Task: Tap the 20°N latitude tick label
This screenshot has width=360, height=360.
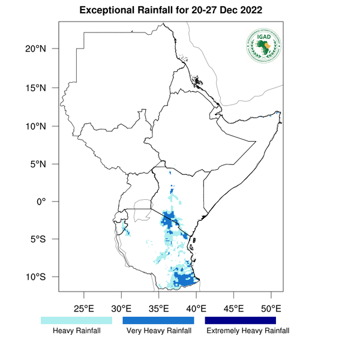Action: coord(42,49)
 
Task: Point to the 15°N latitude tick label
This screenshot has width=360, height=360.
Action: coord(42,88)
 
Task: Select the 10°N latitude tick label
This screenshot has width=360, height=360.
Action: coord(42,126)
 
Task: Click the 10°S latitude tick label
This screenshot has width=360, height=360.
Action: coord(42,277)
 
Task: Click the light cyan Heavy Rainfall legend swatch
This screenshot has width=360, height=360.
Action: coord(76,321)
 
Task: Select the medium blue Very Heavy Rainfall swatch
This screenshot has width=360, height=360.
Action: coord(158,321)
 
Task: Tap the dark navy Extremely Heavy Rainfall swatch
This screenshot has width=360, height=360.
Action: coord(241,321)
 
